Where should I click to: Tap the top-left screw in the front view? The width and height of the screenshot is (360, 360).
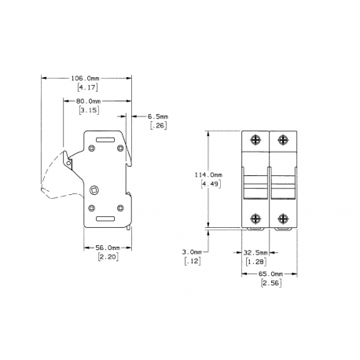[x=255, y=139]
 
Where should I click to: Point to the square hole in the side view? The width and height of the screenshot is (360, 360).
[x=95, y=189]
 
